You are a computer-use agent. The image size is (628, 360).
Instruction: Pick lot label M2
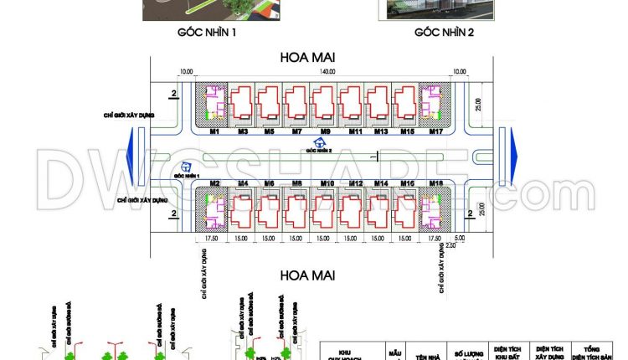(214, 183)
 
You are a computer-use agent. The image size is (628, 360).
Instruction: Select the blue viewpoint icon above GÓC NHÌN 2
(319, 143)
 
